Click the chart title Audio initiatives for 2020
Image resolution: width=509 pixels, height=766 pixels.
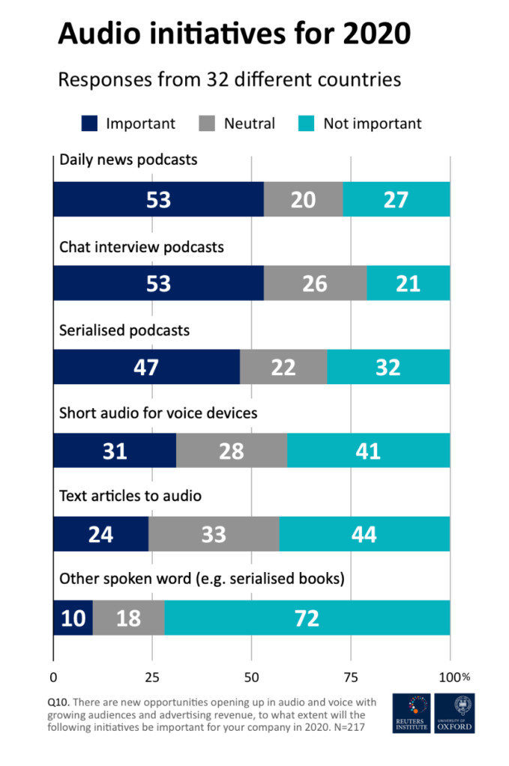point(234,34)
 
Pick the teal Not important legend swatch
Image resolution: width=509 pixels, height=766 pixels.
point(304,124)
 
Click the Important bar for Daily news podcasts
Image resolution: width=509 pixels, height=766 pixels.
point(158,200)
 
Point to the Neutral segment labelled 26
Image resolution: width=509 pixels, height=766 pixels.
point(316,284)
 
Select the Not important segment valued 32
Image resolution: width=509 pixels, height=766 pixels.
point(388,368)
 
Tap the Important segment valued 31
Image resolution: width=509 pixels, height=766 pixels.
point(115,452)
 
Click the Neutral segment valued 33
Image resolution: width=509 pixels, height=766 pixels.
point(214,535)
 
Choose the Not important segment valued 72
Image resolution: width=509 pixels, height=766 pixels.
point(307,618)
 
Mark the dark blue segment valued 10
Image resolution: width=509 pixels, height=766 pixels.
point(73,618)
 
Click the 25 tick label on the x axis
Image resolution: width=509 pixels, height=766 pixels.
point(152,677)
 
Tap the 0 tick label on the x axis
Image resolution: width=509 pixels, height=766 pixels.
point(53,677)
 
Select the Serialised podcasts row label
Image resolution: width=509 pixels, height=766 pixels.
point(124,329)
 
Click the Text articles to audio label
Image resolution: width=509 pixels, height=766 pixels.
point(130,496)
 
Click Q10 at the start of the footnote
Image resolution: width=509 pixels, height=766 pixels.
point(58,702)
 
